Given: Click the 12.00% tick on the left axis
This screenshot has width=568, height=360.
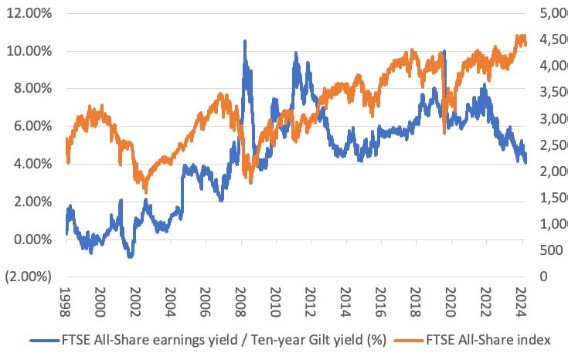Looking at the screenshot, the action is click(29, 13).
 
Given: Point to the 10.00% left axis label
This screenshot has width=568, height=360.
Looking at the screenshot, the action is click(29, 51).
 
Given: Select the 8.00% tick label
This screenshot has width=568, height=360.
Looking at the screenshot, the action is click(32, 88).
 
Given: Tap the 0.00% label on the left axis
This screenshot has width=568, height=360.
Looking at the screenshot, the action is click(32, 239).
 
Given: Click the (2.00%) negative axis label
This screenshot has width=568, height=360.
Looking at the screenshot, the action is click(29, 277).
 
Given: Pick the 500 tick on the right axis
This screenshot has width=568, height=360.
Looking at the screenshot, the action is click(551, 250).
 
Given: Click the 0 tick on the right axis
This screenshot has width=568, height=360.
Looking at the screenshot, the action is click(544, 277).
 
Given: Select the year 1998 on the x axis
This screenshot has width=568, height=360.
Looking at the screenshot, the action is click(64, 302).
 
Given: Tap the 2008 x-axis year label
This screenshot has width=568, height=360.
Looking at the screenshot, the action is click(240, 302).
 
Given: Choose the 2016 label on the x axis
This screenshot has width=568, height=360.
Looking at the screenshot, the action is click(380, 302).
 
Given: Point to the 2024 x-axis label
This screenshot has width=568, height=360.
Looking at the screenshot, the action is click(521, 302).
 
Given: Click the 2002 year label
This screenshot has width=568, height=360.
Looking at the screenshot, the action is click(134, 302).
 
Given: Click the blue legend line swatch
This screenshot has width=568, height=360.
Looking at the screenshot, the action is click(45, 341).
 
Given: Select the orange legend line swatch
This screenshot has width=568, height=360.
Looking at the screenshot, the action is click(409, 341).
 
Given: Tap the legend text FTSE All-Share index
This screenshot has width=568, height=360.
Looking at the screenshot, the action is click(488, 340).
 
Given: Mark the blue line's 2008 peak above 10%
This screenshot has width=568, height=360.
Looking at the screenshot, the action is click(245, 41).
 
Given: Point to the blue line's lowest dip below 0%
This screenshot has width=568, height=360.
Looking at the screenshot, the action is click(131, 256).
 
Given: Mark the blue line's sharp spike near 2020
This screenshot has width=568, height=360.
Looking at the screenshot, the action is click(444, 52).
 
